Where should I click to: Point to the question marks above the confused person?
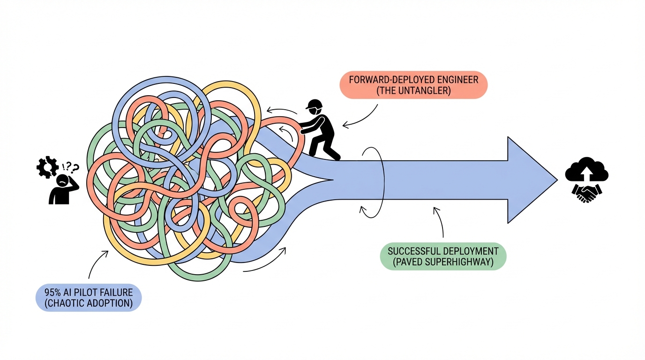[70, 167]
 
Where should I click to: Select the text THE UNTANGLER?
[413, 91]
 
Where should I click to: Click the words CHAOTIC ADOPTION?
[89, 303]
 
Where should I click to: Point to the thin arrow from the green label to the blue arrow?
[440, 223]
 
